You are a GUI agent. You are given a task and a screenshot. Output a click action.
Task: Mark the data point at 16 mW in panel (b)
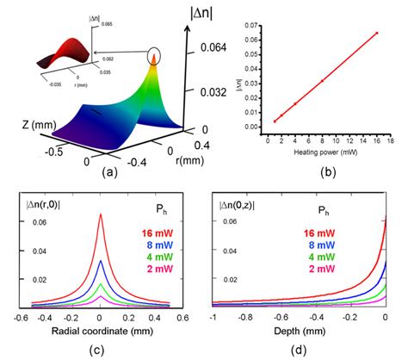(375, 34)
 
